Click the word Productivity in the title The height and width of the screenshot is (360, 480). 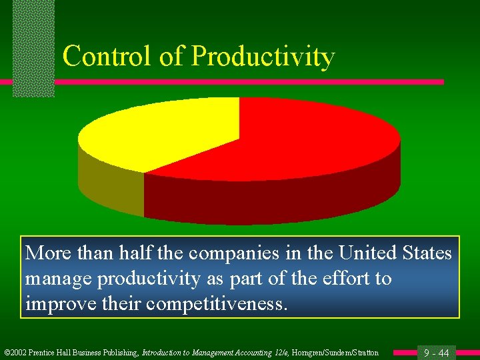[x=263, y=57]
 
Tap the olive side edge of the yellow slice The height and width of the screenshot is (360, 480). [x=110, y=187]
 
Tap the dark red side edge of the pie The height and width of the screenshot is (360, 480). [x=267, y=200]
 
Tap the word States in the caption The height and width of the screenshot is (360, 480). [x=427, y=253]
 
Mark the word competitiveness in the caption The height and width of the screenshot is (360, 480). [x=217, y=304]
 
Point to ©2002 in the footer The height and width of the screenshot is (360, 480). [x=15, y=353]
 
